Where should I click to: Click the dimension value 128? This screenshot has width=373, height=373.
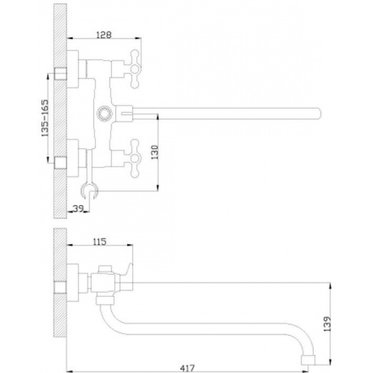[104, 35]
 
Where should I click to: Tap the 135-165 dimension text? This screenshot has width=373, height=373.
[45, 118]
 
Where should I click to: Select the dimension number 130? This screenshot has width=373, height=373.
[154, 152]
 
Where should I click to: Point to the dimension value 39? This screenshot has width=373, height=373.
[78, 208]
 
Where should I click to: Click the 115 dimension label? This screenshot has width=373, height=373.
[100, 242]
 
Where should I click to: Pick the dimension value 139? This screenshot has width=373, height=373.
[327, 324]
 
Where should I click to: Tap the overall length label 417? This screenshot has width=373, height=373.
[187, 368]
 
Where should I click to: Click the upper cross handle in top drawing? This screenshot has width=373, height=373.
[135, 69]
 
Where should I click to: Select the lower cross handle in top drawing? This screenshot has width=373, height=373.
[135, 158]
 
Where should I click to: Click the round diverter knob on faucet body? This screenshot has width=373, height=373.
[104, 113]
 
